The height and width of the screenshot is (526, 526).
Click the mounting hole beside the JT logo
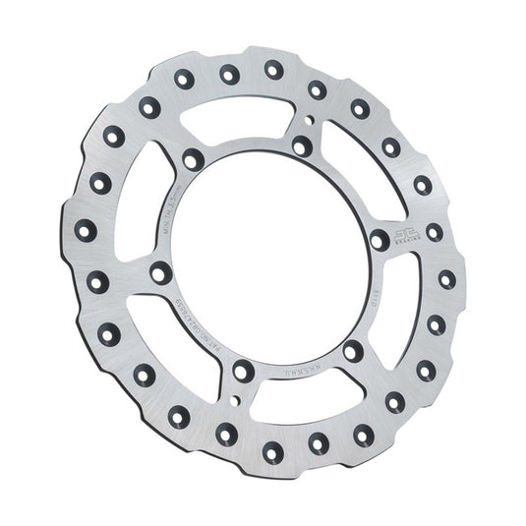point(379,239)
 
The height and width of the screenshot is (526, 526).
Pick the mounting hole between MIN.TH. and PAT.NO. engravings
point(160,272)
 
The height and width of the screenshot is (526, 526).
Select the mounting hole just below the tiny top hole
point(302,147)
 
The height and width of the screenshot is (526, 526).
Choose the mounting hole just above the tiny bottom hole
point(242,372)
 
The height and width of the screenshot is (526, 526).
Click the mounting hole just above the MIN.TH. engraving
point(193,158)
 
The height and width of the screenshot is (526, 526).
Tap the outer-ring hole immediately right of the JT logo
point(435,233)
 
